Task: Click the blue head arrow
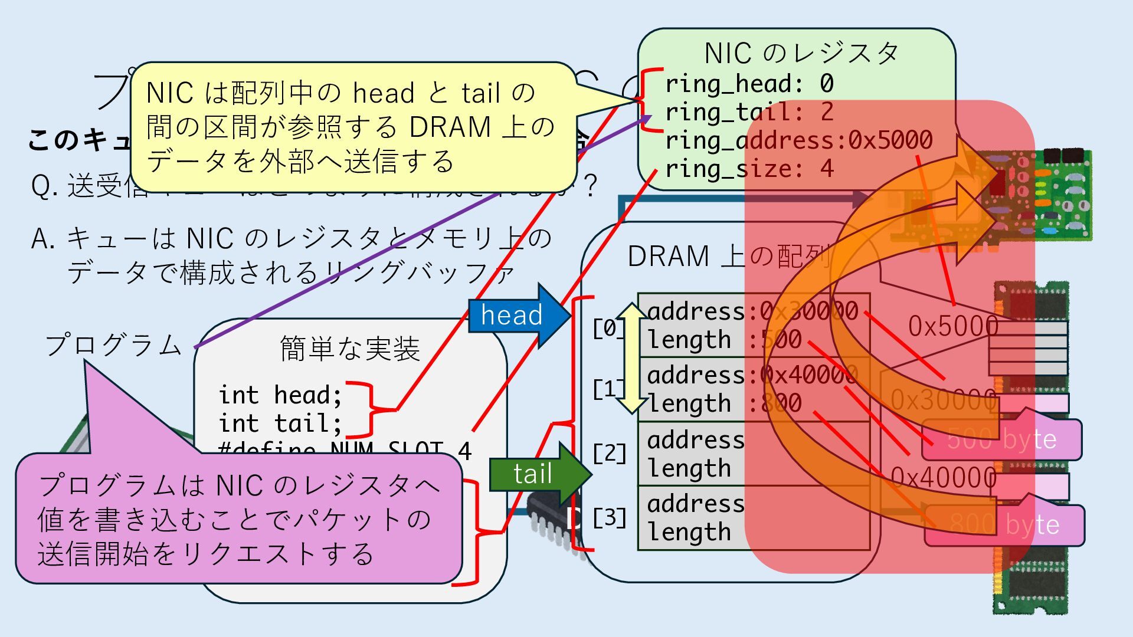[x=513, y=315]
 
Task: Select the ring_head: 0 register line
[x=749, y=84]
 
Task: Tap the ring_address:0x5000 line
[x=798, y=140]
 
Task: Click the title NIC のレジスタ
[x=801, y=54]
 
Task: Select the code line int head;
[x=280, y=395]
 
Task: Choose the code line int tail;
[x=280, y=423]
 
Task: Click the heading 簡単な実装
[x=349, y=349]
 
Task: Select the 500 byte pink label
[x=1001, y=439]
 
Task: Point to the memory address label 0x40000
[x=943, y=477]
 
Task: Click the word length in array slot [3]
[x=689, y=532]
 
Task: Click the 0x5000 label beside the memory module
[x=952, y=326]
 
